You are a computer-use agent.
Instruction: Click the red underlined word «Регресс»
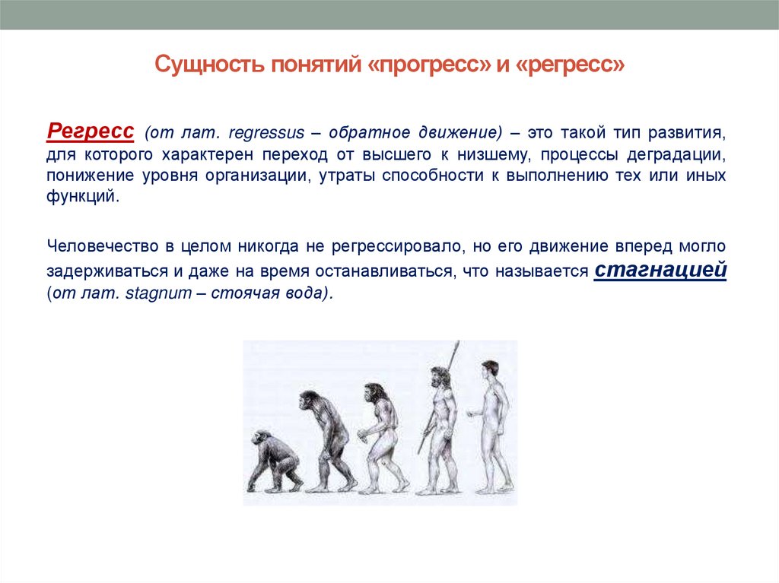pyautogui.click(x=91, y=130)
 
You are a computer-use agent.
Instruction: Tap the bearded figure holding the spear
pyautogui.click(x=440, y=429)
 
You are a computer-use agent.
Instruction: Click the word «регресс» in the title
pyautogui.click(x=570, y=65)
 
